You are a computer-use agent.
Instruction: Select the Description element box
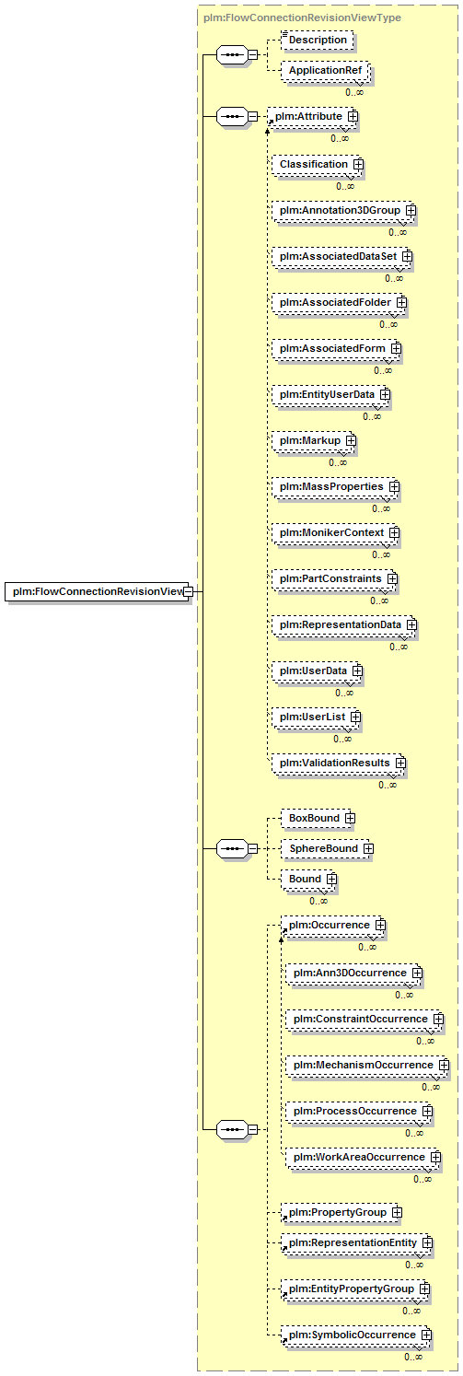(x=318, y=40)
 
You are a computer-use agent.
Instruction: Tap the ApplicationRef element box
(x=326, y=71)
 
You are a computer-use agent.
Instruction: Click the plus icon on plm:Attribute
(x=353, y=116)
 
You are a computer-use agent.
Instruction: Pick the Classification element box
(x=318, y=165)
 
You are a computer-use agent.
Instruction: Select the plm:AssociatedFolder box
(x=340, y=303)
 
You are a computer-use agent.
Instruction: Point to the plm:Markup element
(x=314, y=441)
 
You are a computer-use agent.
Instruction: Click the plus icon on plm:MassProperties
(x=394, y=487)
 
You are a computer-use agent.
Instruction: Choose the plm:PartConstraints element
(x=335, y=579)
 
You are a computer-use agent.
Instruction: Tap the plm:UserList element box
(x=317, y=717)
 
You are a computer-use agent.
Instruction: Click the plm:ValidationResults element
(x=339, y=764)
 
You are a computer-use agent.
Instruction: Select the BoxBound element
(x=318, y=818)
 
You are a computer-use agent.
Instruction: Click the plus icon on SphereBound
(x=368, y=849)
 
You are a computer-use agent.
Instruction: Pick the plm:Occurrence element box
(x=333, y=926)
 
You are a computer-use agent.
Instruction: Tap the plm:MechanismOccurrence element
(x=367, y=1066)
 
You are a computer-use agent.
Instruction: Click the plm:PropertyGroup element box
(x=341, y=1213)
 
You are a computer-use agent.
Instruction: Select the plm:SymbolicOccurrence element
(x=356, y=1335)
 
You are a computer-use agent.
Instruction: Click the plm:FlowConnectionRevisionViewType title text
(x=302, y=17)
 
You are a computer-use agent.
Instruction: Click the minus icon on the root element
(x=189, y=591)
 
